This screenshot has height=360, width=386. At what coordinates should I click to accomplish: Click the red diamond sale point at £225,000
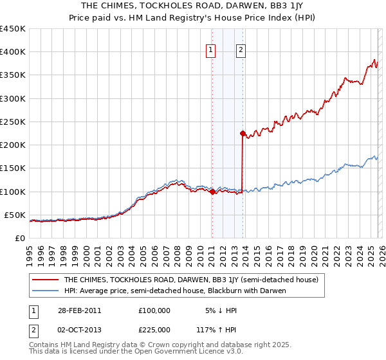coord(243,134)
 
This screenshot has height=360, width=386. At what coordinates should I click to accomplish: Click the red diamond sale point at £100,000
coord(212,192)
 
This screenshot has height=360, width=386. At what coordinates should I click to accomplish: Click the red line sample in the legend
coord(46,280)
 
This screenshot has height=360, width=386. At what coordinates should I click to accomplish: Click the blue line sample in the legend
coord(46,291)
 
